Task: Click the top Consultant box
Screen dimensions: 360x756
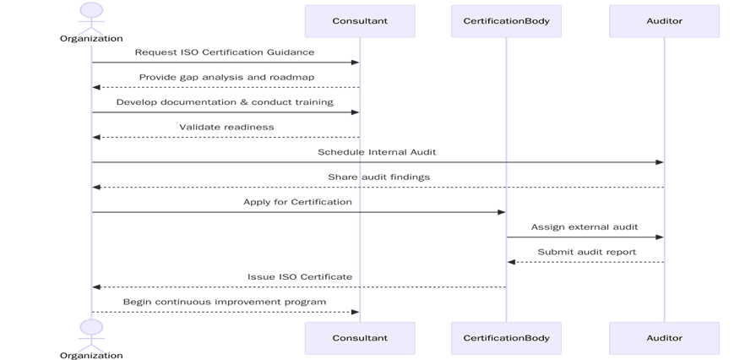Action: [360, 21]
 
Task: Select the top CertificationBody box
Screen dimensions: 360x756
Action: [506, 21]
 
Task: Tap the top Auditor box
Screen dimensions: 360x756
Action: [664, 21]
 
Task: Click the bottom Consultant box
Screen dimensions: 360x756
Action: [360, 338]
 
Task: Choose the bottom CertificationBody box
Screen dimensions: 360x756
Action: [506, 338]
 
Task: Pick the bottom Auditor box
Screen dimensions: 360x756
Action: [664, 338]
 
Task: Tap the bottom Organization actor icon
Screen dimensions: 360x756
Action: [91, 330]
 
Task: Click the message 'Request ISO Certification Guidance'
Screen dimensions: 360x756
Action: [225, 52]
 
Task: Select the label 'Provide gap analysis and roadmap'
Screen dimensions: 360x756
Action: [226, 77]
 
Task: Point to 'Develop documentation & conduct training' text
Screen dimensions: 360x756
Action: [225, 102]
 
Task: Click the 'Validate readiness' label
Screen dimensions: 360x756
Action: [226, 127]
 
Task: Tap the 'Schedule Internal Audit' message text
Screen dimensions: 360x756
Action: [377, 152]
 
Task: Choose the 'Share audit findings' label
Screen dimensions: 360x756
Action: [378, 177]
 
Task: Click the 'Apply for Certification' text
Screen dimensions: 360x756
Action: [297, 202]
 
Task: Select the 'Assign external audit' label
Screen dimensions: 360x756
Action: [585, 227]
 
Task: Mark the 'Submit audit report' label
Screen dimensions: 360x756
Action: [586, 252]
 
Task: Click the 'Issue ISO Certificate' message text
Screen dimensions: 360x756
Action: [300, 276]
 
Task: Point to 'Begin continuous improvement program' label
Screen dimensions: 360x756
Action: [225, 302]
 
